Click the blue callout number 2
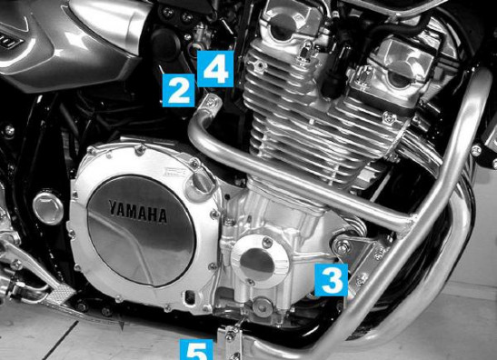click(x=178, y=90)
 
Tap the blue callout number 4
click(x=215, y=69)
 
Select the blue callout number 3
click(x=332, y=280)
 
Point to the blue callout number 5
click(x=196, y=349)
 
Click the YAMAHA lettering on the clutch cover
click(x=138, y=211)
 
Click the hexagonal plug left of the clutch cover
click(x=48, y=208)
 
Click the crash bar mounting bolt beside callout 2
click(x=210, y=102)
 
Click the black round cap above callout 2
click(x=165, y=45)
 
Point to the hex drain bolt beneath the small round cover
click(x=263, y=306)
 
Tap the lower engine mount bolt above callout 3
click(x=342, y=246)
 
